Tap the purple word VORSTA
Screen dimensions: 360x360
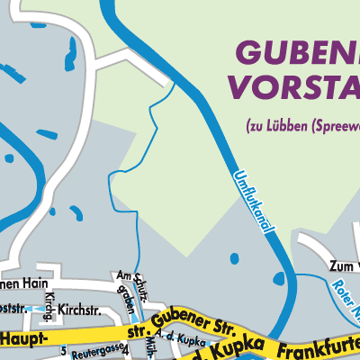[293, 86]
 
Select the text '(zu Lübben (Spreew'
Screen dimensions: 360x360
[301, 127]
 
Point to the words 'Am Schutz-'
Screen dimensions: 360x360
[130, 277]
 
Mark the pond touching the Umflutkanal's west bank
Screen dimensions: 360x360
[234, 258]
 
